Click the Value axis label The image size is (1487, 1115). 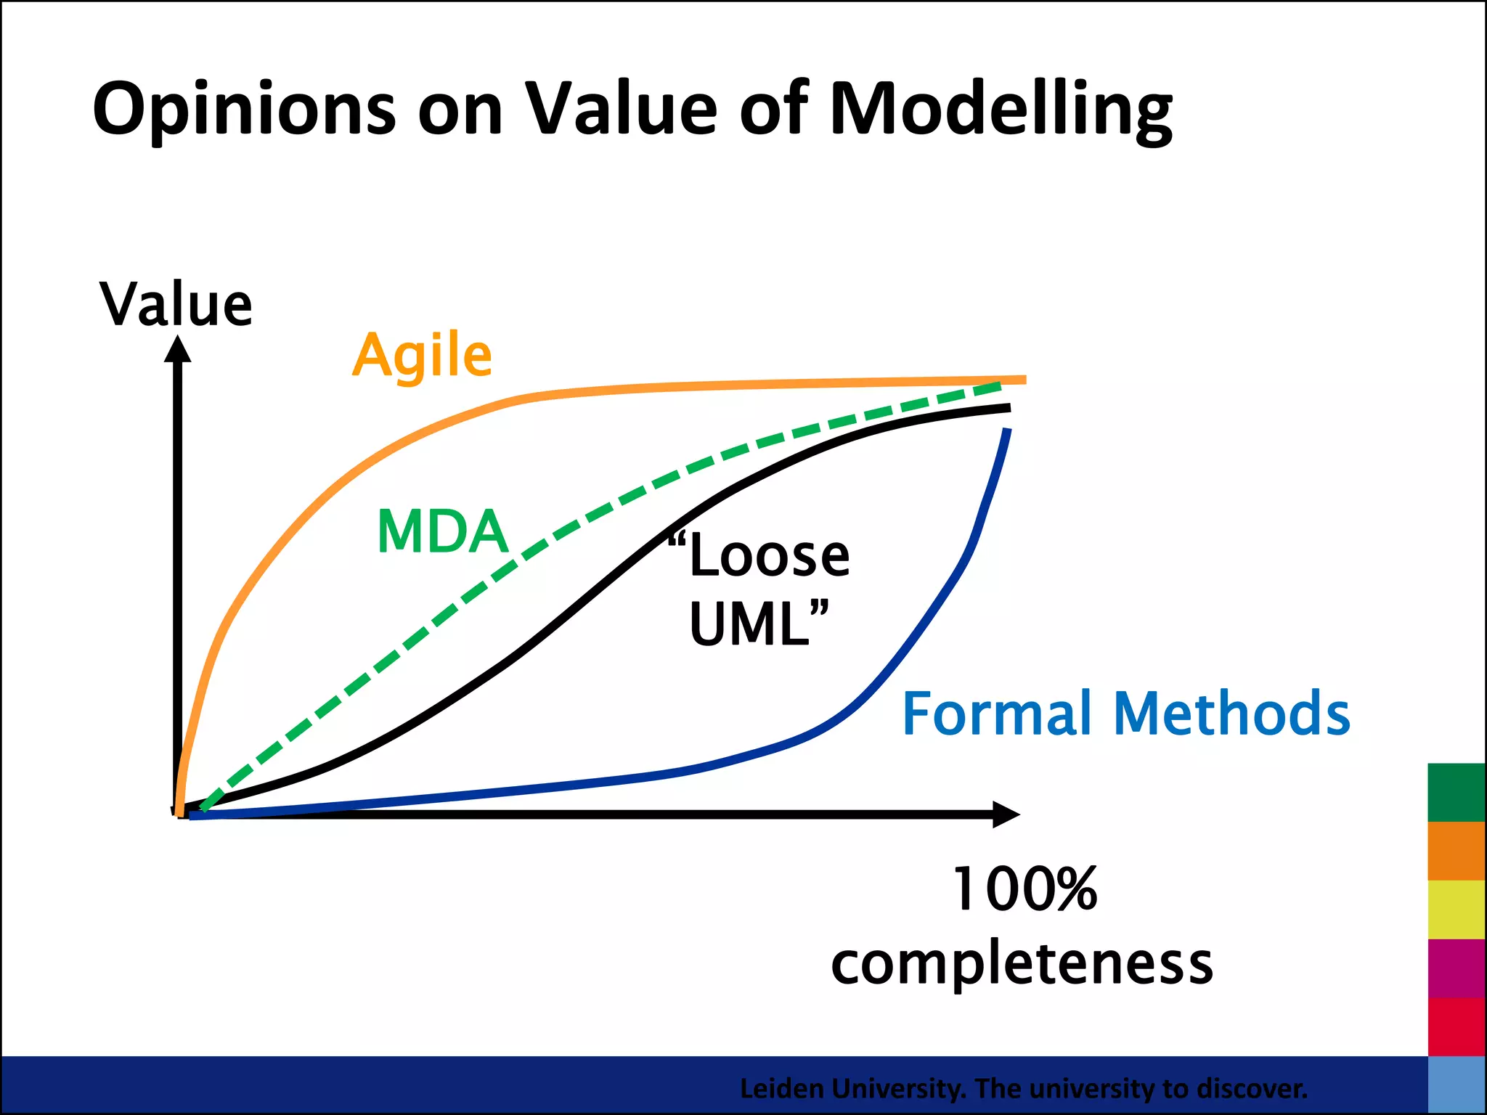[x=176, y=305]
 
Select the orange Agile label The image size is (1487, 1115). [x=423, y=356]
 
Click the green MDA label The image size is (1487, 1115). [x=442, y=532]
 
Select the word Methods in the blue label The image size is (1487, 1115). [x=1231, y=714]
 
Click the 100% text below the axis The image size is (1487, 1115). [x=1024, y=889]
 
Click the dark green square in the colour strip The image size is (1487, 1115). [x=1456, y=792]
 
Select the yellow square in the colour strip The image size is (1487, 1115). [x=1456, y=910]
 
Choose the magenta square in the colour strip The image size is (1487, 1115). [x=1456, y=968]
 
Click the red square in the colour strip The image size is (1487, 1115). [x=1456, y=1026]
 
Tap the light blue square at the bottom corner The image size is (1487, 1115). [x=1456, y=1085]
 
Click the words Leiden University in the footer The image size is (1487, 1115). [x=852, y=1089]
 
